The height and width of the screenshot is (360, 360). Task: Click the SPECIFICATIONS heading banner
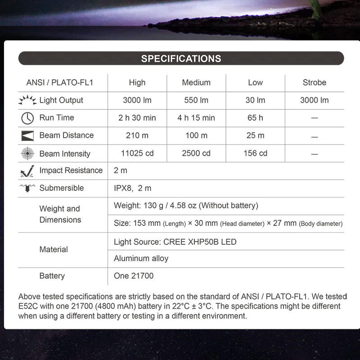(x=181, y=58)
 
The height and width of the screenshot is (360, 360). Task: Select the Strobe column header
(x=314, y=83)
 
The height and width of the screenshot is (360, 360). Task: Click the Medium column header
(x=196, y=83)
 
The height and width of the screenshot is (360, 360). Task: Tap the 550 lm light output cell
(x=196, y=100)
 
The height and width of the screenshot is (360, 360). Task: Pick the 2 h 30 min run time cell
(x=137, y=118)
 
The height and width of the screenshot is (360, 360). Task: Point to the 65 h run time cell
(x=255, y=118)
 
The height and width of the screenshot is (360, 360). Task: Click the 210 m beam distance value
(x=137, y=135)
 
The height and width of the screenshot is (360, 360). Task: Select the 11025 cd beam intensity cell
(x=137, y=153)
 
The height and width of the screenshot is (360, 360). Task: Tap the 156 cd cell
(x=255, y=153)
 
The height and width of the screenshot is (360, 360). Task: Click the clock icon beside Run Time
(x=27, y=118)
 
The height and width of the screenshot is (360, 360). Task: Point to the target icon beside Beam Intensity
(x=27, y=153)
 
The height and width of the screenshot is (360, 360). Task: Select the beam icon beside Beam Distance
(x=27, y=135)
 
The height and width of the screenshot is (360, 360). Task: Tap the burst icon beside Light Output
(x=27, y=100)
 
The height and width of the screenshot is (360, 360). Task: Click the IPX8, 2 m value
(x=132, y=188)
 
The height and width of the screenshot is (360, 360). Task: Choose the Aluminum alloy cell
(x=141, y=258)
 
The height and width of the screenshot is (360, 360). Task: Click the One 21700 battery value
(x=133, y=276)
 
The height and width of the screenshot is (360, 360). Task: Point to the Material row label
(x=54, y=249)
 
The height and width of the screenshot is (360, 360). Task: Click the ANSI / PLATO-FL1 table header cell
(x=60, y=83)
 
